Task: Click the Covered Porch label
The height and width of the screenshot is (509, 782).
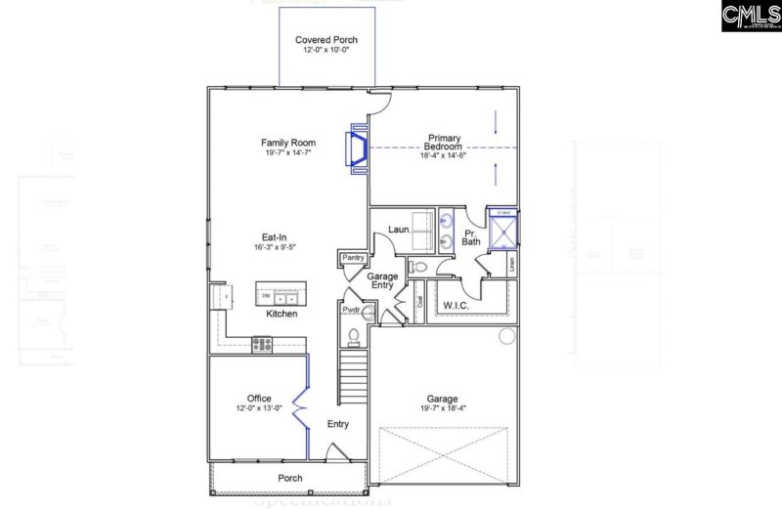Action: pyautogui.click(x=326, y=40)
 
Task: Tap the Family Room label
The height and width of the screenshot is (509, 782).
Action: pyautogui.click(x=287, y=143)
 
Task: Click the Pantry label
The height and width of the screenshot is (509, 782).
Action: pyautogui.click(x=352, y=258)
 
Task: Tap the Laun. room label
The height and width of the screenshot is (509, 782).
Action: pyautogui.click(x=398, y=229)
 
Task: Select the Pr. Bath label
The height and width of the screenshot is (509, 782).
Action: pyautogui.click(x=471, y=237)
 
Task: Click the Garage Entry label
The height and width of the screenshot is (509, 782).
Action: pyautogui.click(x=382, y=282)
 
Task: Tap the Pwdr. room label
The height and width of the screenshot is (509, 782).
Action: pyautogui.click(x=350, y=310)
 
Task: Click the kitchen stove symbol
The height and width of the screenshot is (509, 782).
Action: pyautogui.click(x=262, y=343)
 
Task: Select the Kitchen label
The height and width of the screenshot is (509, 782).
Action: pyautogui.click(x=282, y=314)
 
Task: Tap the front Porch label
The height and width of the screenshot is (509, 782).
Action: pyautogui.click(x=289, y=478)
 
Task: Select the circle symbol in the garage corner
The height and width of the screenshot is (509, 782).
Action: pyautogui.click(x=506, y=337)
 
